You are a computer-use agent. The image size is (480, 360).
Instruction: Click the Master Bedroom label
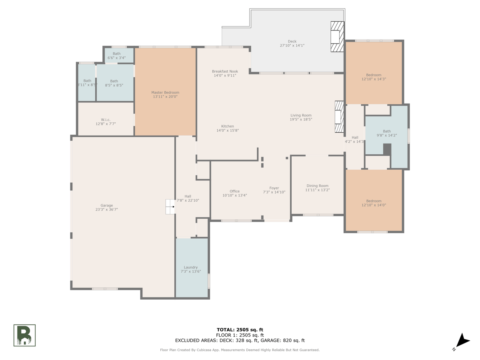[x=165, y=92]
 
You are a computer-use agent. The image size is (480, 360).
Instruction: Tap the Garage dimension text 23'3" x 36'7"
[x=106, y=209]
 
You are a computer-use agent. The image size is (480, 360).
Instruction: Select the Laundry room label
[x=190, y=267]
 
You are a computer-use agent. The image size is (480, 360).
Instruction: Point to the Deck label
[x=292, y=41]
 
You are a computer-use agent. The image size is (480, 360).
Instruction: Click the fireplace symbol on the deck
[x=337, y=36]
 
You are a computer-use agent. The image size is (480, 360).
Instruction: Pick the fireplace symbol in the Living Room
[x=339, y=116]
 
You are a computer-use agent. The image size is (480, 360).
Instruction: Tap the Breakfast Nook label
[x=225, y=71]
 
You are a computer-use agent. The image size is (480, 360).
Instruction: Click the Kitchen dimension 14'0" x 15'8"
[x=228, y=130]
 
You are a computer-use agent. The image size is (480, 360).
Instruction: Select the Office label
[x=234, y=191]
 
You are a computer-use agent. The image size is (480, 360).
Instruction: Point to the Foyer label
[x=274, y=188]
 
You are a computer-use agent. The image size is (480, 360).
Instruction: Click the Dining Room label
[x=317, y=186]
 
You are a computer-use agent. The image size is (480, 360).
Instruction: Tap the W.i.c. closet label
[x=106, y=120]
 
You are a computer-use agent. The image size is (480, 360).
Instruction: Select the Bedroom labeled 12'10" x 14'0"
[x=374, y=201]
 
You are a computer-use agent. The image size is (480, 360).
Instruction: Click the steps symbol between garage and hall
[x=170, y=206]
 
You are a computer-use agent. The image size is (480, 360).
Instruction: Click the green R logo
[x=24, y=335]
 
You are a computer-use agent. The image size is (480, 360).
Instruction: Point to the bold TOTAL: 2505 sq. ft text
[x=240, y=330]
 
